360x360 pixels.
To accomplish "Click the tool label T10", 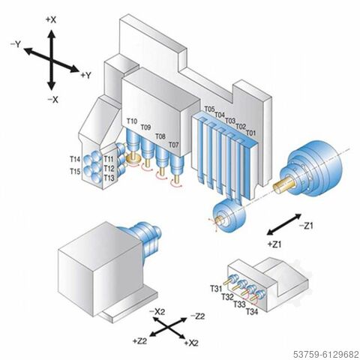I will click(x=132, y=121).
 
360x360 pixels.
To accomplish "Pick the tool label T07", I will click(x=173, y=144).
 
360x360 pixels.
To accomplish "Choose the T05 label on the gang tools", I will click(x=209, y=109).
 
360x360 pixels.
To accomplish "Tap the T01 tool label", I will click(x=251, y=132).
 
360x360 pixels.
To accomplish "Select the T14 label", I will click(x=76, y=160).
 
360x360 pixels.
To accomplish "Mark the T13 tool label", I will click(x=109, y=178).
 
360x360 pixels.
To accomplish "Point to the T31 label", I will click(x=215, y=288).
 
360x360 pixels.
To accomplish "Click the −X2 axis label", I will click(x=157, y=310).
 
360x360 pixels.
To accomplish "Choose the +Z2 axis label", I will click(x=139, y=341).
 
